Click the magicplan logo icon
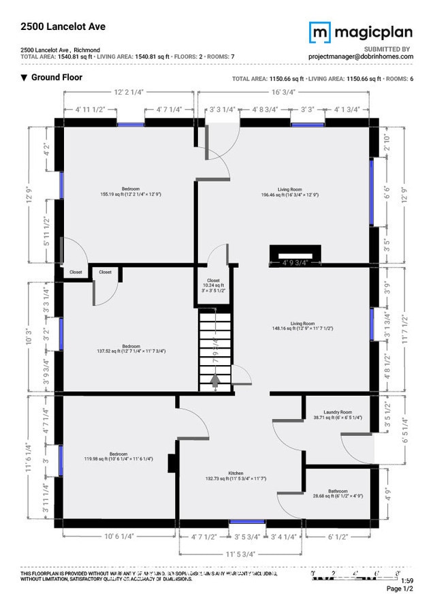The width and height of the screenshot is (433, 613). tap(320, 32)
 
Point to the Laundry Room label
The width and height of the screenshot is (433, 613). tap(337, 414)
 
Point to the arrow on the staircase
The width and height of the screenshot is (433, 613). tap(214, 381)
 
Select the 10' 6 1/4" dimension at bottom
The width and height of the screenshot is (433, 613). tap(120, 536)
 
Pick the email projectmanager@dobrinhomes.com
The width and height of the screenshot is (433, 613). tap(359, 57)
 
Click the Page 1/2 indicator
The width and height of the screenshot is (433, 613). tap(400, 588)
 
